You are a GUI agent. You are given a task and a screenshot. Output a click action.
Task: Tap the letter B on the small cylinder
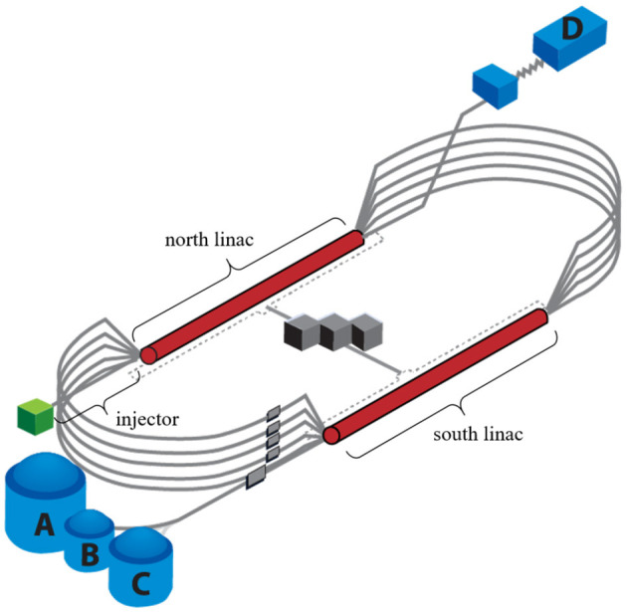90,555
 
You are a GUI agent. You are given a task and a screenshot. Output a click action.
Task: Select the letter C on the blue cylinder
140,582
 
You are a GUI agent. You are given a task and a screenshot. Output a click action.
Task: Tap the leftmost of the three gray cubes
301,334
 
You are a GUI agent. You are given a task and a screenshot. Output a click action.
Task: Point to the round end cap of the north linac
148,353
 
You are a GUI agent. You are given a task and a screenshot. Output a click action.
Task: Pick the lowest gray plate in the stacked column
258,480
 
